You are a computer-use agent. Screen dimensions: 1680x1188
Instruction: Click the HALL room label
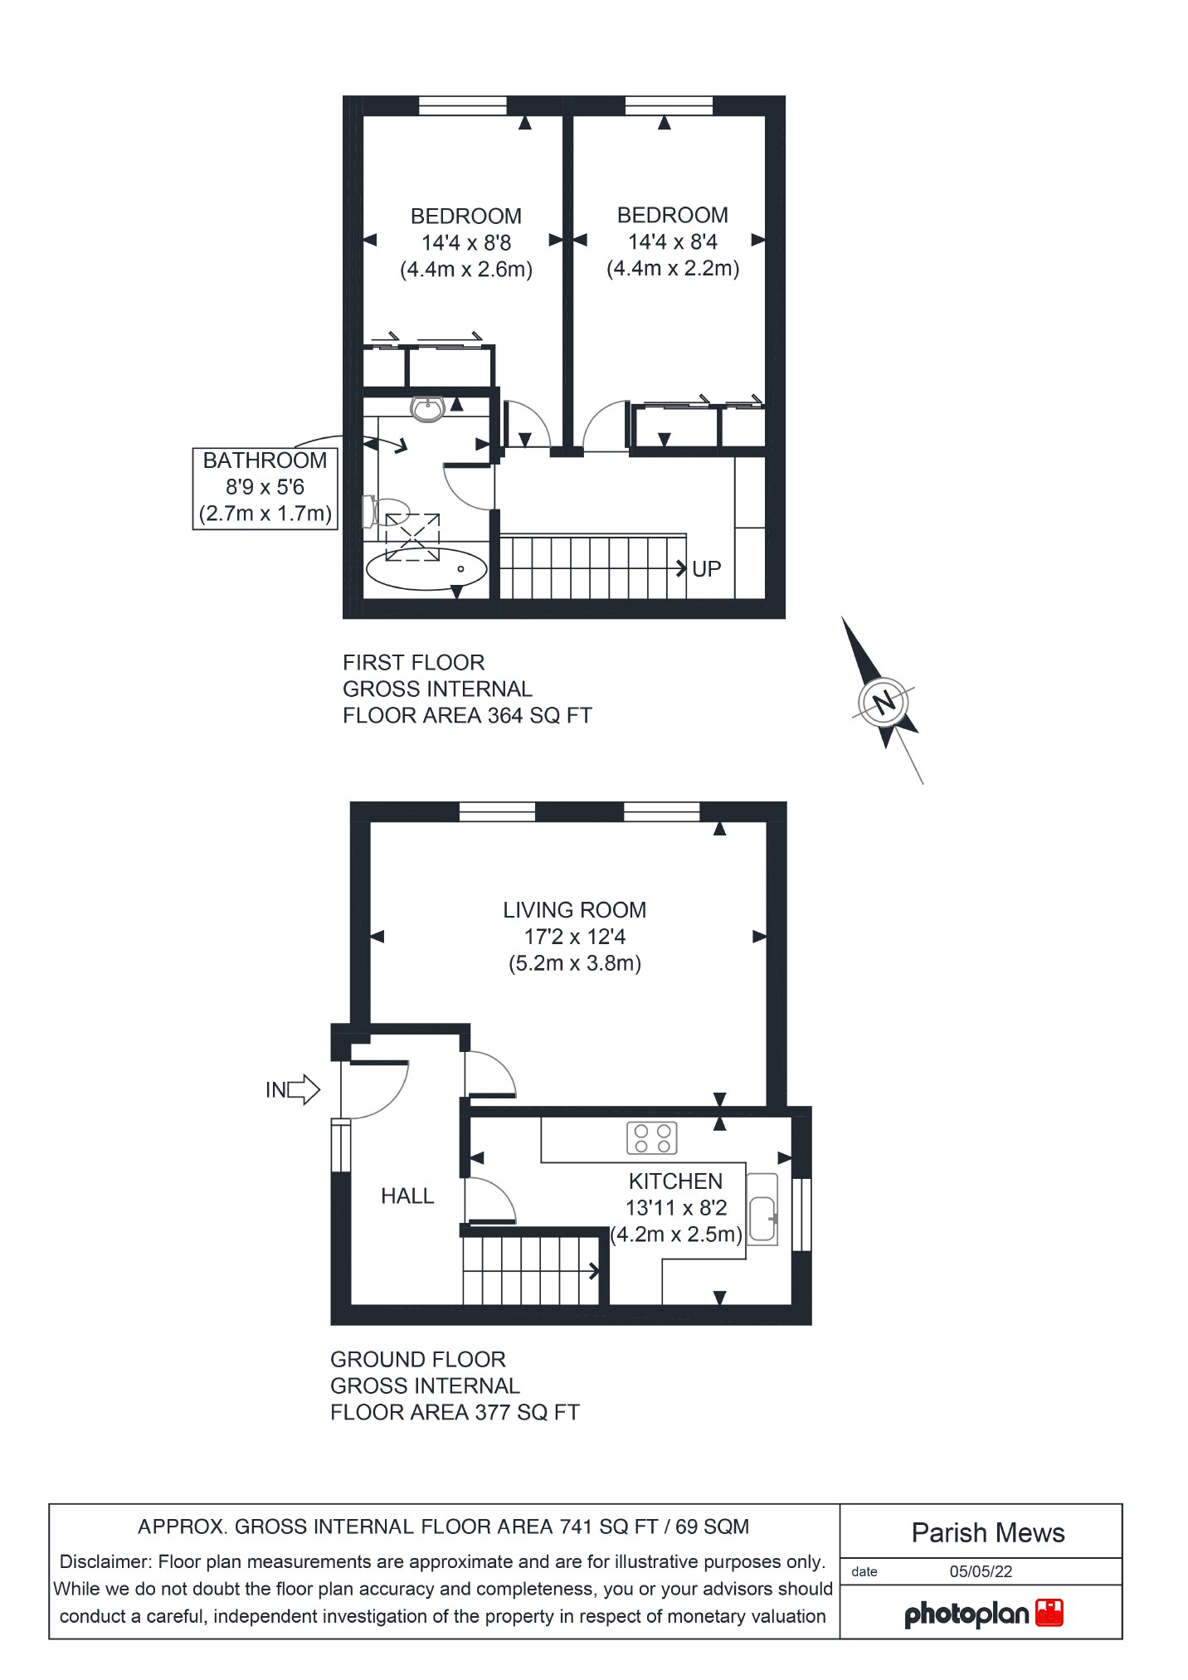click(x=407, y=1195)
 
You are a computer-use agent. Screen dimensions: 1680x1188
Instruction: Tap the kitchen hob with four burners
click(x=652, y=1138)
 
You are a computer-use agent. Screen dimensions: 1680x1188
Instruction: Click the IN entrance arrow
click(x=293, y=1089)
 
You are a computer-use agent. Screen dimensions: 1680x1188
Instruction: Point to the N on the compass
click(x=885, y=704)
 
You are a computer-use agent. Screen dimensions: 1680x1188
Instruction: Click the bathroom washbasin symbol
click(x=428, y=408)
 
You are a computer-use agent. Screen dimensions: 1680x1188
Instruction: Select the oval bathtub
click(x=426, y=569)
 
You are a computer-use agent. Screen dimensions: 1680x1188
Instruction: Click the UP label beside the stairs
click(x=706, y=569)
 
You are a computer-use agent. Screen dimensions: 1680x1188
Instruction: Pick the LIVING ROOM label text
click(x=574, y=910)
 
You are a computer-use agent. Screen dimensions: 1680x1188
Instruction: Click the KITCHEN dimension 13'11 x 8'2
click(x=676, y=1208)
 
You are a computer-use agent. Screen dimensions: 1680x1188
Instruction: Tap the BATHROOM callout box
click(x=265, y=487)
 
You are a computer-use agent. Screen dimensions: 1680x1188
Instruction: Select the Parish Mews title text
click(x=987, y=1533)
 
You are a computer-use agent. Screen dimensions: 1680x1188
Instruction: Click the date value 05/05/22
click(x=981, y=1572)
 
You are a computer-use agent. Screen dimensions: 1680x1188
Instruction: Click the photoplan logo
click(x=983, y=1614)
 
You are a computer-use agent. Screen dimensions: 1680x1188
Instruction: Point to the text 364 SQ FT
click(x=540, y=715)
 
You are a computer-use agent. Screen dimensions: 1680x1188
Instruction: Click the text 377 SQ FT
click(x=527, y=1412)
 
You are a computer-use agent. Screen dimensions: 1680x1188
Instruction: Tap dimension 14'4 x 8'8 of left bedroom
click(x=466, y=243)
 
